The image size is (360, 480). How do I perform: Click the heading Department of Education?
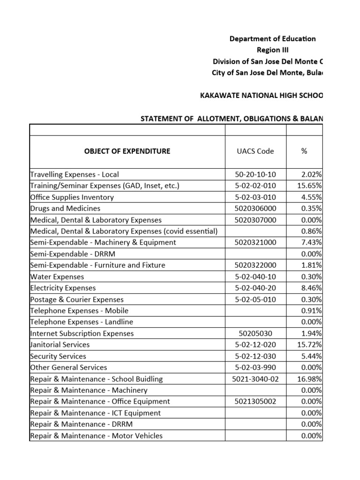(x=272, y=39)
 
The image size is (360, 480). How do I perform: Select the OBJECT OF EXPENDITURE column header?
(x=127, y=151)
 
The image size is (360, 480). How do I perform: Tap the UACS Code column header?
(x=255, y=151)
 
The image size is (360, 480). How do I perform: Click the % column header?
(x=304, y=151)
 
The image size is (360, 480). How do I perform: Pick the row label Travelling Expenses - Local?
(x=75, y=174)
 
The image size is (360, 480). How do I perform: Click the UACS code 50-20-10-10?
(x=255, y=174)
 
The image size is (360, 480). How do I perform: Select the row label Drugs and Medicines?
(x=65, y=208)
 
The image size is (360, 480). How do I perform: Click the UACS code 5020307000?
(x=255, y=220)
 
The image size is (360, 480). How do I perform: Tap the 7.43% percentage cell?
(x=312, y=242)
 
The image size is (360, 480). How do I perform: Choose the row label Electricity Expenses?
(x=63, y=288)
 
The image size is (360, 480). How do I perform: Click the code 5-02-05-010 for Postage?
(x=255, y=299)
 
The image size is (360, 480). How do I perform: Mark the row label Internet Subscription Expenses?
(x=82, y=333)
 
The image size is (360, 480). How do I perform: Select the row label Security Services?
(x=58, y=356)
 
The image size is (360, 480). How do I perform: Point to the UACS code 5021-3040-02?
(x=255, y=379)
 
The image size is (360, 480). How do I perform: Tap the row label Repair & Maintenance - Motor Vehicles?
(x=96, y=435)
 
